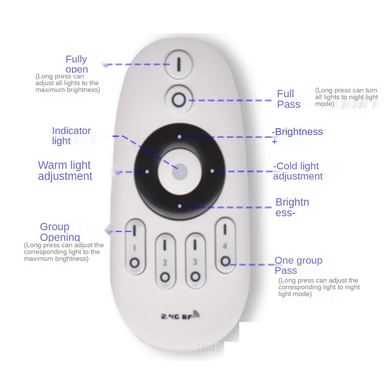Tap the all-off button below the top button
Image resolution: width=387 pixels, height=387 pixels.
click(x=178, y=100)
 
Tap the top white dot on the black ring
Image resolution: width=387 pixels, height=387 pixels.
click(x=179, y=137)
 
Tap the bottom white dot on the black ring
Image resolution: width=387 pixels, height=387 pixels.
click(x=179, y=206)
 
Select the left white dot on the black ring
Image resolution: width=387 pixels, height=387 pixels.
click(x=147, y=171)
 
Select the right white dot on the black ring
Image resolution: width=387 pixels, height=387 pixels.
click(x=212, y=171)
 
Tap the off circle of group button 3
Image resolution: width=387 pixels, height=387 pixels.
click(x=195, y=277)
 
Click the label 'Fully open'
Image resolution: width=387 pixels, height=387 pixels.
click(x=76, y=64)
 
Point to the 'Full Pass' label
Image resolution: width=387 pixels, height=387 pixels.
click(x=288, y=99)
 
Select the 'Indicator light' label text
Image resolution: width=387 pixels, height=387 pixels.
click(x=71, y=136)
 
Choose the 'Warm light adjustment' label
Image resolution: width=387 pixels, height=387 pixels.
click(x=65, y=171)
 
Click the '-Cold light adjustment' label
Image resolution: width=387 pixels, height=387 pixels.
click(x=298, y=171)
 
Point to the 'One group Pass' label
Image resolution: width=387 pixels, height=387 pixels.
click(x=298, y=266)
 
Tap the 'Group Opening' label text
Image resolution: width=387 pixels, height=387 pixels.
click(x=60, y=232)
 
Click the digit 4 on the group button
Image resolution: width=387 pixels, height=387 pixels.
click(x=224, y=246)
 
